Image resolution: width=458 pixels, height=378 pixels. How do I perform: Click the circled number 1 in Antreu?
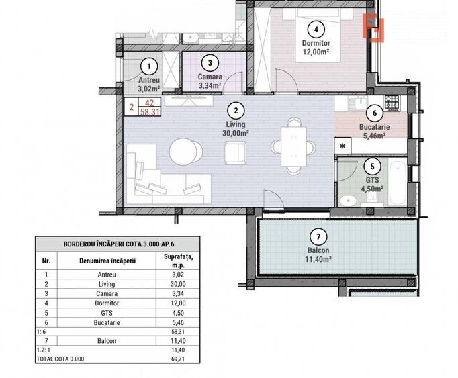coord(150,66)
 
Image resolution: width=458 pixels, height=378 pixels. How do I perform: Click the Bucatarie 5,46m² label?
coord(374,130)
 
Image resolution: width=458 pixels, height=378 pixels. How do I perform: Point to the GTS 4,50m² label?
coord(372,184)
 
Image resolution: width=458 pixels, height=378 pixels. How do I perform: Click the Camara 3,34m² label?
coord(210,81)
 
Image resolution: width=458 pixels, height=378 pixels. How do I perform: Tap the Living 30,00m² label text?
coord(235,128)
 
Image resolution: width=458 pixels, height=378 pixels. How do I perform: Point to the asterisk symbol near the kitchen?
coord(343,146)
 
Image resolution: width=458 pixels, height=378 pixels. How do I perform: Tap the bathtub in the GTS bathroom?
coord(396,184)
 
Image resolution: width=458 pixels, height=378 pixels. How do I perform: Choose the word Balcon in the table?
coord(107,341)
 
